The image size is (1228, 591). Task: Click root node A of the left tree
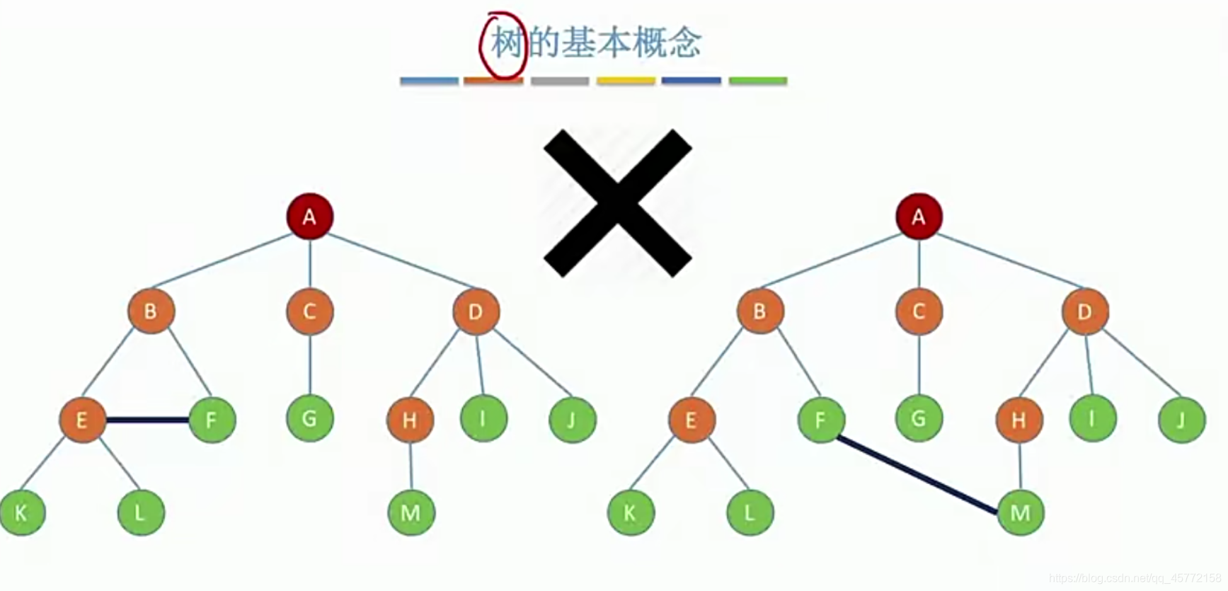pyautogui.click(x=309, y=216)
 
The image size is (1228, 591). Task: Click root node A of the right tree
pyautogui.click(x=919, y=216)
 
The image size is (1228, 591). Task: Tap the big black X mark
pyautogui.click(x=617, y=203)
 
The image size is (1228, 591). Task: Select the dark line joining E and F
pyautogui.click(x=147, y=420)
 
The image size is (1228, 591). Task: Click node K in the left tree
pyautogui.click(x=22, y=512)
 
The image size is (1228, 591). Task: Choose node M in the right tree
pyautogui.click(x=1020, y=512)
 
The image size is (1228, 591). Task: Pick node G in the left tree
pyautogui.click(x=309, y=418)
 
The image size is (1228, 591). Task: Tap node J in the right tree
pyautogui.click(x=1181, y=420)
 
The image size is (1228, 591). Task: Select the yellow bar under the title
pyautogui.click(x=626, y=81)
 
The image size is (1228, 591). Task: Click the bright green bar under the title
pyautogui.click(x=758, y=81)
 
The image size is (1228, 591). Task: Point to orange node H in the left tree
pyautogui.click(x=410, y=420)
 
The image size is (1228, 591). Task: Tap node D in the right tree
pyautogui.click(x=1084, y=311)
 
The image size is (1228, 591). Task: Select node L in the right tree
pyautogui.click(x=750, y=512)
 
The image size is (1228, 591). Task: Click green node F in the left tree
pyautogui.click(x=212, y=420)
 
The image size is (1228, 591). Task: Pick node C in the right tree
pyautogui.click(x=919, y=311)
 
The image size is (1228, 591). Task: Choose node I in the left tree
pyautogui.click(x=483, y=418)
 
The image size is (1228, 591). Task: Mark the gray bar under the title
pyautogui.click(x=560, y=81)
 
